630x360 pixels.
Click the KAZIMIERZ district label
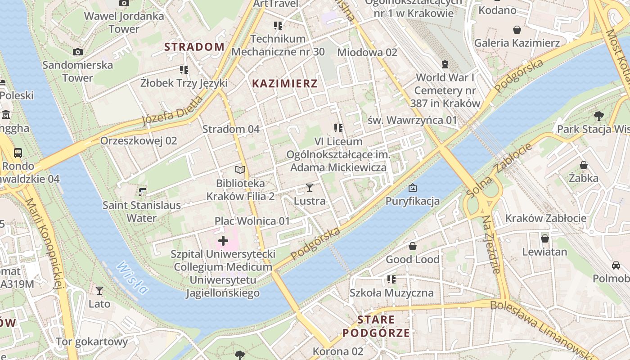(285, 83)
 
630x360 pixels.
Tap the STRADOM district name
(194, 47)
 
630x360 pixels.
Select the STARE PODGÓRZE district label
(376, 326)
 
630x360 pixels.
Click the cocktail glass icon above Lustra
(309, 187)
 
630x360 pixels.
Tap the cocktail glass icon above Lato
(99, 291)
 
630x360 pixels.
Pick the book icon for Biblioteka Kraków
(241, 170)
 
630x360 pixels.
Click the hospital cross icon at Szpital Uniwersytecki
(223, 241)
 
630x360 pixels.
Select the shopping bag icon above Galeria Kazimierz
(517, 30)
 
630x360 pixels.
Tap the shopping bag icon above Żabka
(584, 165)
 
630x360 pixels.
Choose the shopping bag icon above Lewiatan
(545, 238)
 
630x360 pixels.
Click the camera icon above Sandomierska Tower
(78, 52)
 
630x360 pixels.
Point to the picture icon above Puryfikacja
(412, 188)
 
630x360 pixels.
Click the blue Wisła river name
(132, 278)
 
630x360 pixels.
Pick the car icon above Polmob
(616, 265)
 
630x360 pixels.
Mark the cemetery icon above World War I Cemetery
(445, 64)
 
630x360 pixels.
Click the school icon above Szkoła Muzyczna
(391, 279)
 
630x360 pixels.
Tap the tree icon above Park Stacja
(598, 116)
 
